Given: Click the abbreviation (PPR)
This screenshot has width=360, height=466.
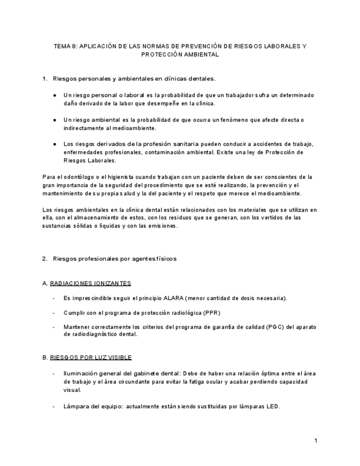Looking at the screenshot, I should [212, 313].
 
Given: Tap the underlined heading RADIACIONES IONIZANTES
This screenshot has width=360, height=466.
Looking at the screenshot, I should [90, 284].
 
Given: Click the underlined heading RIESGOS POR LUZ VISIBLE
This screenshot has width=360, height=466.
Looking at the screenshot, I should [90, 357].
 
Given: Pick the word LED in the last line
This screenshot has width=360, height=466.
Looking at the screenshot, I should [273, 407].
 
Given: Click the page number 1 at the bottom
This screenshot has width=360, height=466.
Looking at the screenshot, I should [316, 440].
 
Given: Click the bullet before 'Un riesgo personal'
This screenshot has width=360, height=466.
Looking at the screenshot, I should [55, 96].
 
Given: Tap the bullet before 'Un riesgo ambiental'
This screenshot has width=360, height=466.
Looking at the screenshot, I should [55, 120].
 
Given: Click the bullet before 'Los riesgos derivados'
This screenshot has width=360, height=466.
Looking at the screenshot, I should [55, 144].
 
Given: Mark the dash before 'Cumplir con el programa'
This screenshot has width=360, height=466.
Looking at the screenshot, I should [53, 313].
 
